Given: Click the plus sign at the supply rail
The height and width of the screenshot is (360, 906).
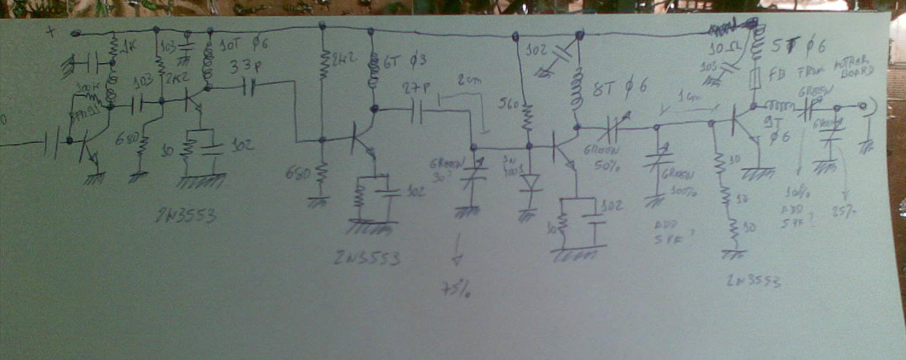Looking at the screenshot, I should click(52, 33).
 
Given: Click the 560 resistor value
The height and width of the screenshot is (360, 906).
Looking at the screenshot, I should click(508, 104).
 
